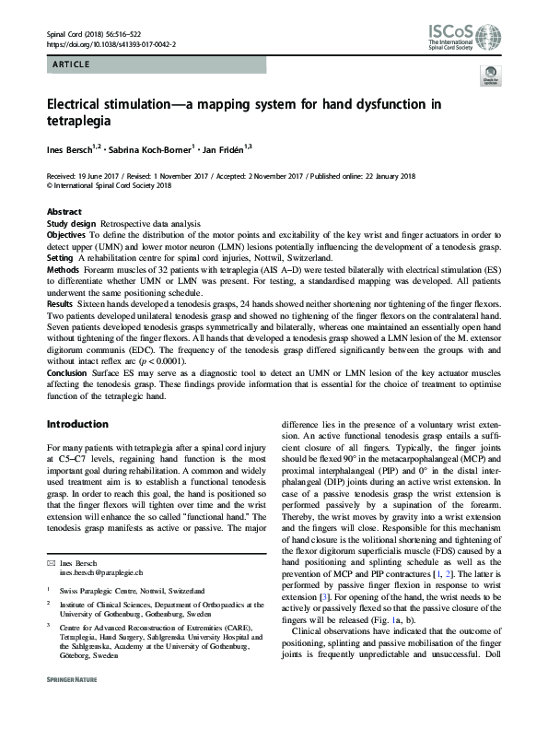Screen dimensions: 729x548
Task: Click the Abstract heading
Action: pos(64,212)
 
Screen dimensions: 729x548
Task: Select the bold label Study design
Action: pos(71,224)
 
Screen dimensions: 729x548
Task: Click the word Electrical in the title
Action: pos(82,105)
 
